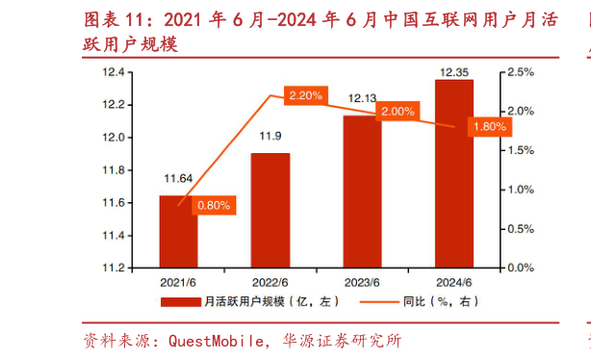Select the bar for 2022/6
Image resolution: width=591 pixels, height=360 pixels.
(x=270, y=210)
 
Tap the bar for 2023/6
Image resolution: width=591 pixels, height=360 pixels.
(x=362, y=191)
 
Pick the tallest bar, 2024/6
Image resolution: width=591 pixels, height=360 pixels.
(x=454, y=173)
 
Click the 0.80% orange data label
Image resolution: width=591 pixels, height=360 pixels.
(x=214, y=205)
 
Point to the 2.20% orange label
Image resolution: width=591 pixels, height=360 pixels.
(x=305, y=95)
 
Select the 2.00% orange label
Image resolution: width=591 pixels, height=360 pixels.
(x=398, y=112)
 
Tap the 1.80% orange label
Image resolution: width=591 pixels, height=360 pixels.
(x=489, y=126)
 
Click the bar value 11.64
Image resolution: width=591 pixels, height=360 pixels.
(x=178, y=178)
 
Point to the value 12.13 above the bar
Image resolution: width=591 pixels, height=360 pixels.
(x=362, y=97)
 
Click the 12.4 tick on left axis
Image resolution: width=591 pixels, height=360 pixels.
(x=115, y=72)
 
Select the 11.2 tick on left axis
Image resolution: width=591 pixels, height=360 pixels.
(x=115, y=267)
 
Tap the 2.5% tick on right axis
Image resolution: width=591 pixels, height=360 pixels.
(x=520, y=72)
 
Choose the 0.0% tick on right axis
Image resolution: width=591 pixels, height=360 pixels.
(x=520, y=267)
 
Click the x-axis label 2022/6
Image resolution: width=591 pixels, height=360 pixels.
(x=270, y=282)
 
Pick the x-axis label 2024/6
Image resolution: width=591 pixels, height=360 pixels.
(x=454, y=282)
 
